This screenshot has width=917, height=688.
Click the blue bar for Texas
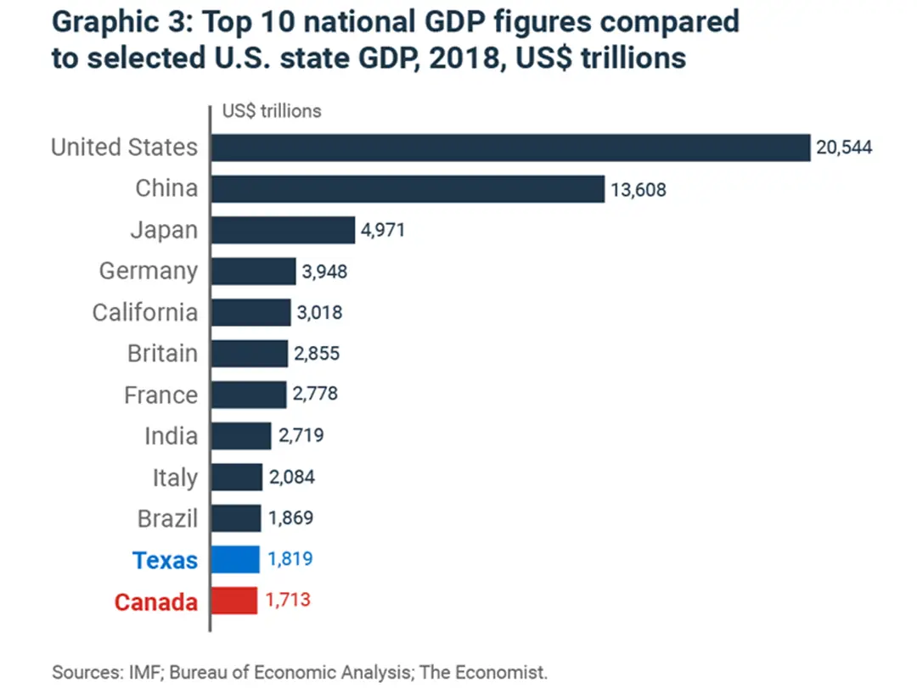(235, 560)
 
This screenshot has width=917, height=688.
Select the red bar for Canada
(234, 601)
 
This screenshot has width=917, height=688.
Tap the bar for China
(408, 189)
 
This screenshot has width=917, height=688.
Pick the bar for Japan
(283, 230)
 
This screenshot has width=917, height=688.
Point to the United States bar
(510, 148)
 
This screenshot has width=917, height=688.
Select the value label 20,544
(844, 148)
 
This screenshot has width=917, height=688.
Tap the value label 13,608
(638, 190)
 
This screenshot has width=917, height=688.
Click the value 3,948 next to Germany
(324, 272)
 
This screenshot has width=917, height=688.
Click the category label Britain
(162, 354)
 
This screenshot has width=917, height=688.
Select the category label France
(160, 395)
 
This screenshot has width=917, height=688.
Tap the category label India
(171, 437)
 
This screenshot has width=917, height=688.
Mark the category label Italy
(175, 478)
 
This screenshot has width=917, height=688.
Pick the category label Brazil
(167, 519)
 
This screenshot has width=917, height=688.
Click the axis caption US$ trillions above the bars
(272, 111)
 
